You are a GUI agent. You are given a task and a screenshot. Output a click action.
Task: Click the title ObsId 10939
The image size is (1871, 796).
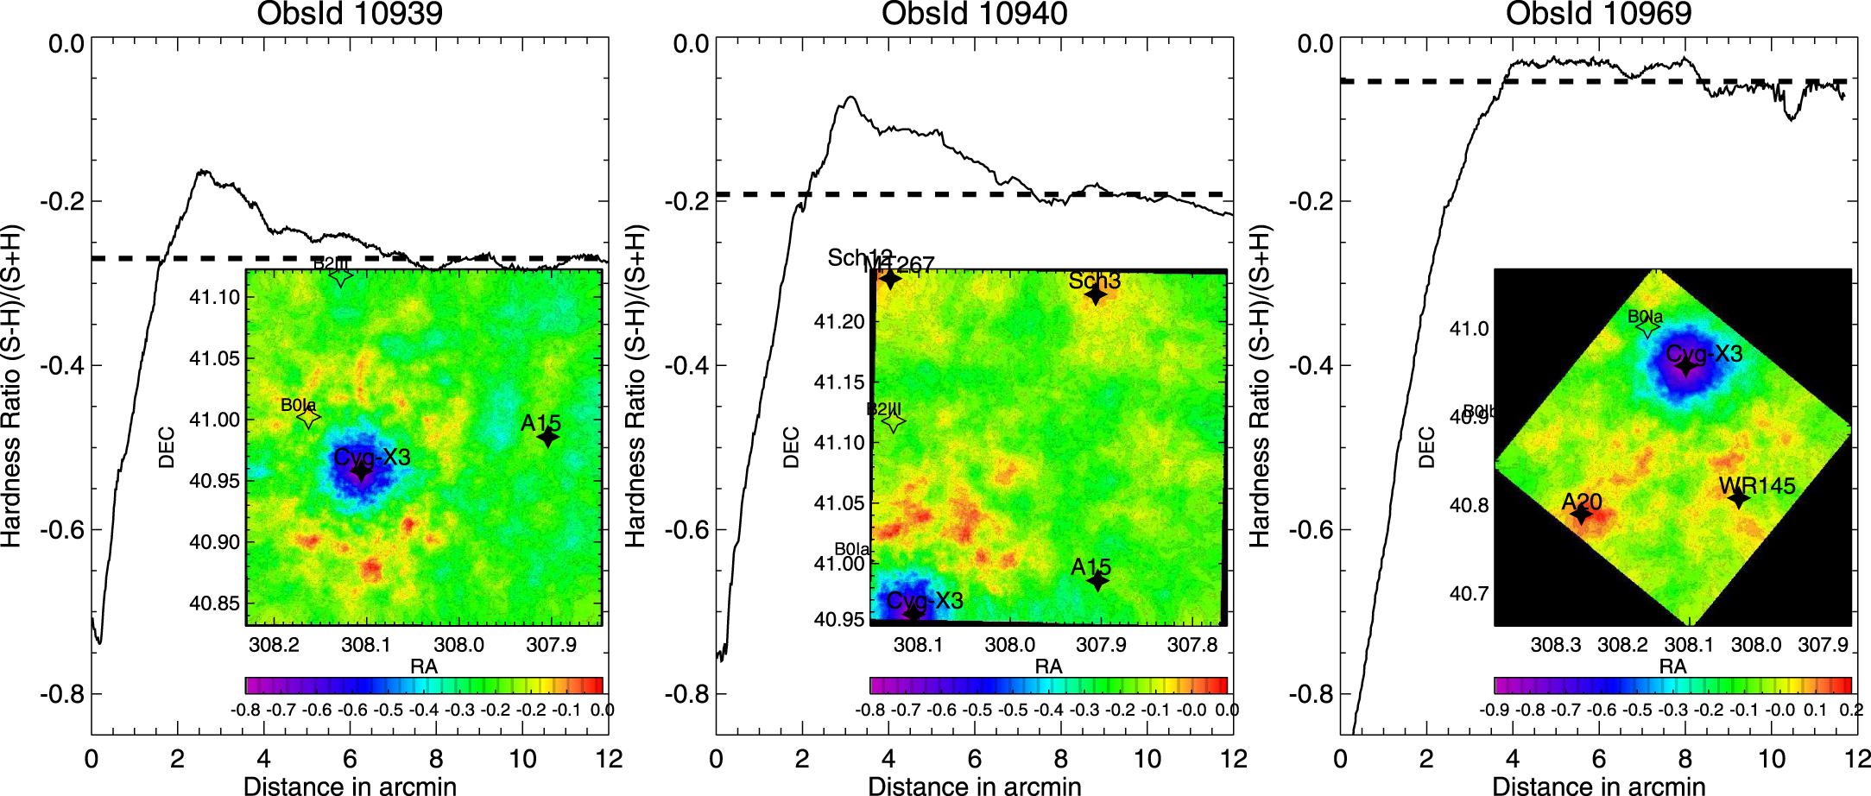tap(350, 14)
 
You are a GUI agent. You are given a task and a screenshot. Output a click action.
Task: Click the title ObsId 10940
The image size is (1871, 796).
tap(974, 14)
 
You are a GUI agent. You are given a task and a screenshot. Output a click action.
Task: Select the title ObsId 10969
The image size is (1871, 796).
tap(1598, 14)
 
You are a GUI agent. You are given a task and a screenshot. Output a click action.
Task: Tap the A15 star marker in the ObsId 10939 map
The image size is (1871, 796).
tap(547, 438)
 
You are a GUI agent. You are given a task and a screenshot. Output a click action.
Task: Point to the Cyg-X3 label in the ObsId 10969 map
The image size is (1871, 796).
tap(1703, 354)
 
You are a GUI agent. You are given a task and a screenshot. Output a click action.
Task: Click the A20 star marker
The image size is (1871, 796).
tap(1581, 515)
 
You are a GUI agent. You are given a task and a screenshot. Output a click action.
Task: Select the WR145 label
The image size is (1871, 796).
tap(1757, 486)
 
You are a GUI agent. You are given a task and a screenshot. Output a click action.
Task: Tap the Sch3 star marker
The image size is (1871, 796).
tap(1095, 295)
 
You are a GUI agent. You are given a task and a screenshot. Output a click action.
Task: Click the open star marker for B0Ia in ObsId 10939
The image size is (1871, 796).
tap(308, 418)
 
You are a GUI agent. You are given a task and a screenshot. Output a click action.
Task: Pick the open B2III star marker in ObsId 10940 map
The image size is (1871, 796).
tap(894, 421)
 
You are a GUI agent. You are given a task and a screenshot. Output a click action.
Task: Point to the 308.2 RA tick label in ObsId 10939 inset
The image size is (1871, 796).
tap(274, 645)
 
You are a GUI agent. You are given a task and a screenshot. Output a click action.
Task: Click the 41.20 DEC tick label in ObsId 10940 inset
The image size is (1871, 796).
tap(838, 322)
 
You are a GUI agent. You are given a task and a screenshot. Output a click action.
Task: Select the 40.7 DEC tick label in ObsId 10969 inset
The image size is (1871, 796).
tap(1469, 594)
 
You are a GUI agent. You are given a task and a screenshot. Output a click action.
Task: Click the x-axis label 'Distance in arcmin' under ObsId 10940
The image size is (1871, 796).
tap(974, 784)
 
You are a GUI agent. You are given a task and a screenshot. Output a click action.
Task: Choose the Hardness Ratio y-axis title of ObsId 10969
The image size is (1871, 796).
tap(1259, 386)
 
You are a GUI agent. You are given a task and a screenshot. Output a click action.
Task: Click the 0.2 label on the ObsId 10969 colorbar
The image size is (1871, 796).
tap(1851, 710)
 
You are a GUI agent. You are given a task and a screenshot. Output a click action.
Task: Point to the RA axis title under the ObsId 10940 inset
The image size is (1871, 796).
tap(1048, 666)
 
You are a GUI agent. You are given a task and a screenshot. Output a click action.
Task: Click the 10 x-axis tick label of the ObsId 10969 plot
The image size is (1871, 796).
tap(1771, 760)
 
